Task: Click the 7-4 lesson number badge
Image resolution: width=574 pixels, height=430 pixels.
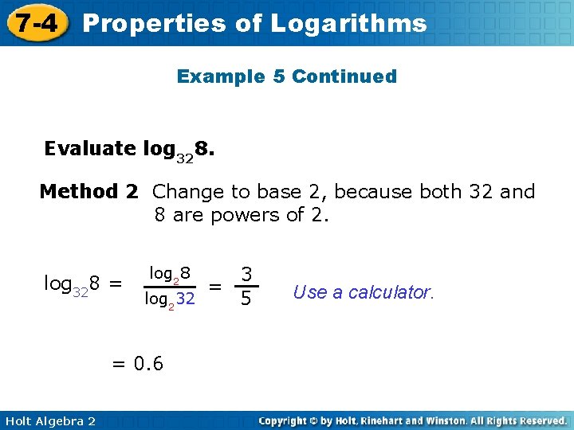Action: point(34,22)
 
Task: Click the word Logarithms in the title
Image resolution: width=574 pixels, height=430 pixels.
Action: point(348,24)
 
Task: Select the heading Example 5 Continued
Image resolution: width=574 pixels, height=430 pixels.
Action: point(287,76)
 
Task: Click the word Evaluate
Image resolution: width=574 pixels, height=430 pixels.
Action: point(90,149)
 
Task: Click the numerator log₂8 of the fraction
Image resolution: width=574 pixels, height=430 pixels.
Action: point(170,274)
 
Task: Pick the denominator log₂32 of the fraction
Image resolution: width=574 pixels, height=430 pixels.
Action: point(169,300)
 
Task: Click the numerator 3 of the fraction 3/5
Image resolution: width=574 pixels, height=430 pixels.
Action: point(247,275)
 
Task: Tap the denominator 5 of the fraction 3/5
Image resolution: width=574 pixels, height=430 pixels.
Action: point(247,300)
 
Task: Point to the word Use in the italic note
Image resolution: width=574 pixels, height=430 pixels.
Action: point(309,292)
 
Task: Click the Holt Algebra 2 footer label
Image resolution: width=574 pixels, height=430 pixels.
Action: point(49,420)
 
